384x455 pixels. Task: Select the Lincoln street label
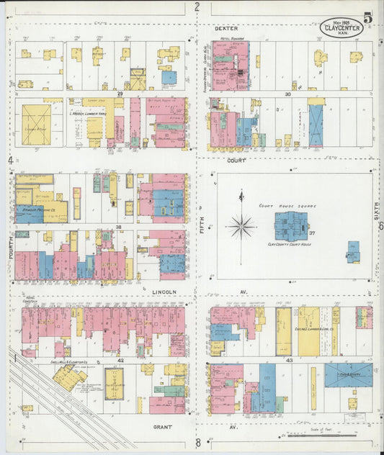164,292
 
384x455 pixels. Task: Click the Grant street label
162,426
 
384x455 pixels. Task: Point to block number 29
121,94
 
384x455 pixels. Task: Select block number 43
289,358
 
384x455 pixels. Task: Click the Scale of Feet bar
328,435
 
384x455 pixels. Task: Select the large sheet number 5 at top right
368,18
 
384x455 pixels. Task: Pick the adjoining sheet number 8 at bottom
197,443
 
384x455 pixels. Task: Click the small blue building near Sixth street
353,252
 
